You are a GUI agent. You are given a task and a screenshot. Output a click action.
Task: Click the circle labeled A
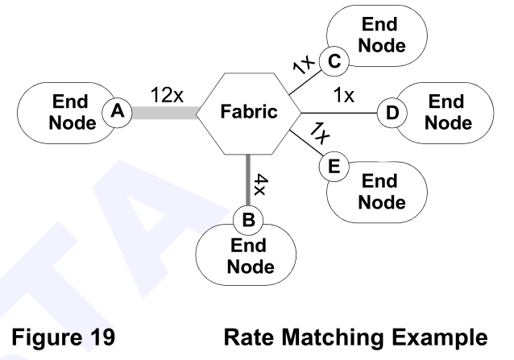point(118,114)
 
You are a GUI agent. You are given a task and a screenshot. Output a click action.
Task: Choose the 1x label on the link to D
point(344,96)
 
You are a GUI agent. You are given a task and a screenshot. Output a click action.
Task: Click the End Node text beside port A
point(70,114)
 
